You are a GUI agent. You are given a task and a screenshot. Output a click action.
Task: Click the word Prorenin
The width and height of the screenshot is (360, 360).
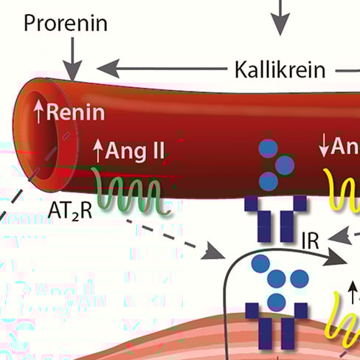coord(65,23)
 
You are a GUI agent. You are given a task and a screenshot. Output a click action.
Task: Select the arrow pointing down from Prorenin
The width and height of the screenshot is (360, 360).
coord(72,58)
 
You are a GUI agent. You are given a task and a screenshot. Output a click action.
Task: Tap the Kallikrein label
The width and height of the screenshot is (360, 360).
coord(280,70)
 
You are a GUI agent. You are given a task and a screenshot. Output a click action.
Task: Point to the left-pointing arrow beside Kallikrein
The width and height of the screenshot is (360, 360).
coord(159,70)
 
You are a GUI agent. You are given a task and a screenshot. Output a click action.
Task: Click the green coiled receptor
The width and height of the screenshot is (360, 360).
coord(134,193)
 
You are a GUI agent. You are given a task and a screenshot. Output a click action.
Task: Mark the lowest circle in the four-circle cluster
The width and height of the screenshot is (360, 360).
coord(276,300)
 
